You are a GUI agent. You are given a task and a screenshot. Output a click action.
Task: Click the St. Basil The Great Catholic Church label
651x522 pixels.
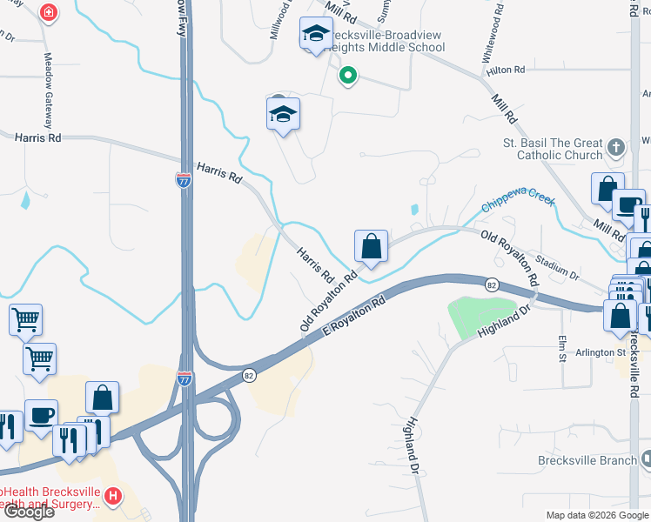coord(552,149)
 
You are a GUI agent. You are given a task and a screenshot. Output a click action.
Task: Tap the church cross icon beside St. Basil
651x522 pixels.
coord(616,147)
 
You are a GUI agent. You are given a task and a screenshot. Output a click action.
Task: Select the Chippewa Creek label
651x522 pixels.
coord(518,205)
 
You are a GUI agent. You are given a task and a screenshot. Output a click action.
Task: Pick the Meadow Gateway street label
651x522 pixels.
coord(48,81)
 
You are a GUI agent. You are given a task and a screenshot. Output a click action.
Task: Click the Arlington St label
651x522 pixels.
coord(600,353)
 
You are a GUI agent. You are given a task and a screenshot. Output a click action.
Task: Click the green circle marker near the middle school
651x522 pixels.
coord(348,77)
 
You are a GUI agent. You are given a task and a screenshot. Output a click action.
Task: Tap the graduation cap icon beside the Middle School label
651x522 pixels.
coord(315,35)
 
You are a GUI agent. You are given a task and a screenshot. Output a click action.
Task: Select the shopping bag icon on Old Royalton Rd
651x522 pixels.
coord(371,247)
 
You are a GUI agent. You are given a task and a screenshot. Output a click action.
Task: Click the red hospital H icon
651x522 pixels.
coord(111,497)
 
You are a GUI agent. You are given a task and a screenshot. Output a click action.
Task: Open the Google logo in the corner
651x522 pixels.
coord(28,512)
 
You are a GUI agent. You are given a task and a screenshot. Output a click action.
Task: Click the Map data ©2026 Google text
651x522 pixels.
coord(597,515)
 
